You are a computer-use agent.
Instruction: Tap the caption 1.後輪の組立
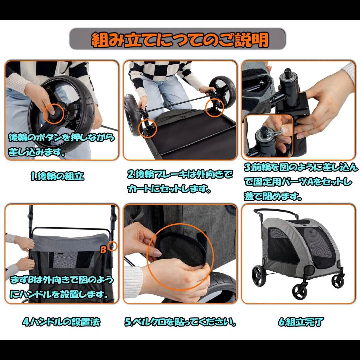pos(57,176)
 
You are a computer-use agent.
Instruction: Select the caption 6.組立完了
pos(301,322)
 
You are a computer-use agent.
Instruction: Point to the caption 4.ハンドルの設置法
pos(61,322)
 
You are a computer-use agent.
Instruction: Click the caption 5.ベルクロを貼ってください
pos(180,322)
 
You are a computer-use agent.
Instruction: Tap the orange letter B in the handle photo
pos(103,250)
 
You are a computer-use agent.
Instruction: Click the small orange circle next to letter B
pos(113,246)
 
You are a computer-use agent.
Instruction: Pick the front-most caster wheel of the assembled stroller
pos(300,292)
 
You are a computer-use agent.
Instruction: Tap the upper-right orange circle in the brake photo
pos(215,108)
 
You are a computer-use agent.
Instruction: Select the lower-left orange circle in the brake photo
pos(147,128)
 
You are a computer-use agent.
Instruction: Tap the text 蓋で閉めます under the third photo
pos(273,196)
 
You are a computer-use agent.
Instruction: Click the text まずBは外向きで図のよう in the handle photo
pos(62,280)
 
